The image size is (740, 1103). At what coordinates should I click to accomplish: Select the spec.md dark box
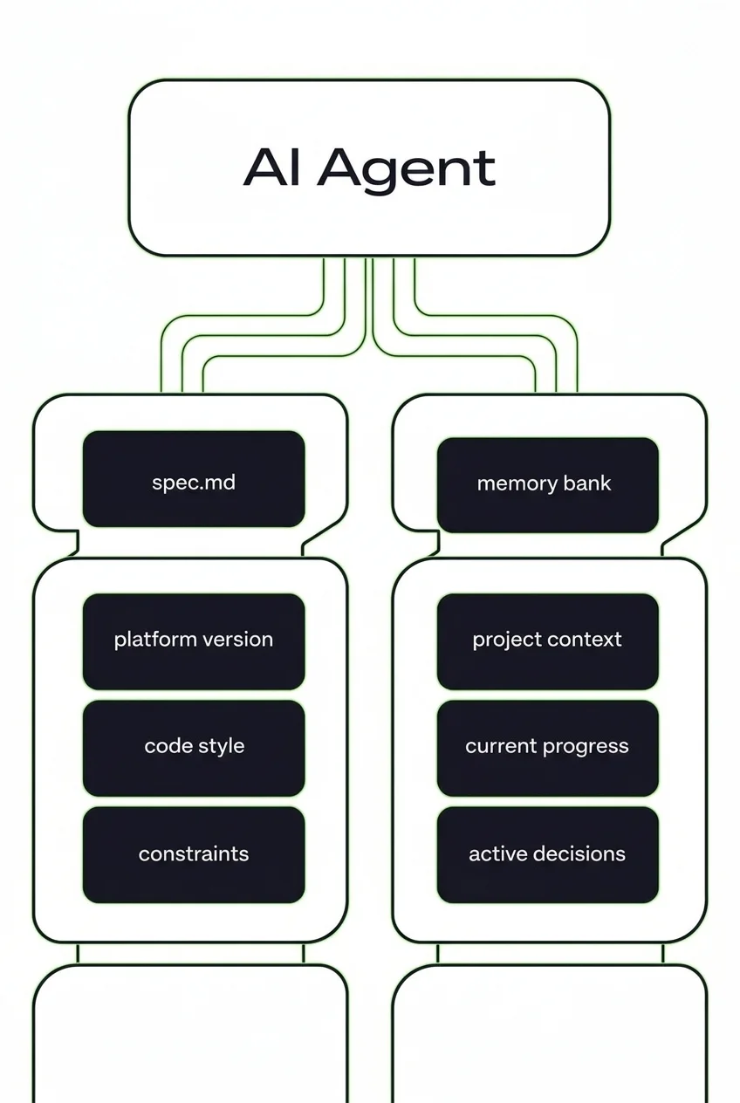point(193,480)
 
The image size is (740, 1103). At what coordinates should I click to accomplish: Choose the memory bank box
point(547,484)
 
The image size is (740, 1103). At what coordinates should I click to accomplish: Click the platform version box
point(193,641)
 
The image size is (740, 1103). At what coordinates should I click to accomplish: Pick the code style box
point(193,747)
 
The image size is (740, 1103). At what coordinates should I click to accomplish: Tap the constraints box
point(193,854)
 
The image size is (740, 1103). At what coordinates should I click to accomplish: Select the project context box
point(547,641)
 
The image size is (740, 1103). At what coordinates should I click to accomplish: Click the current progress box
point(547,747)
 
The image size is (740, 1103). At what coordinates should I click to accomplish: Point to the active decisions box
point(547,854)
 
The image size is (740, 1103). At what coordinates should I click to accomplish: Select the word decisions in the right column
point(580,853)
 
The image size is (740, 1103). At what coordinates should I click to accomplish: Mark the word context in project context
point(588,640)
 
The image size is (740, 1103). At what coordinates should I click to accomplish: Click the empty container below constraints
point(189,1034)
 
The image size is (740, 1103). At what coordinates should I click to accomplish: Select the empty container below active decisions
point(549,1034)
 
